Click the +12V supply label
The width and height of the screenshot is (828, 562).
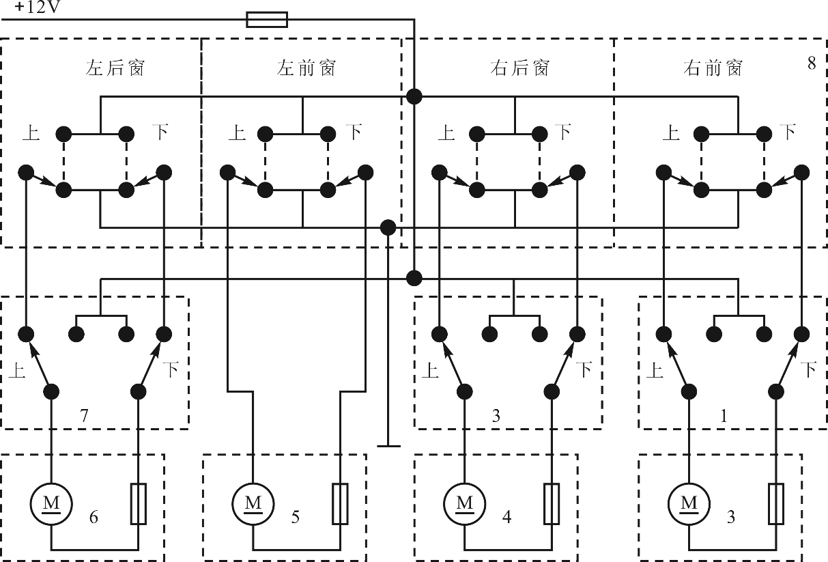tap(37, 8)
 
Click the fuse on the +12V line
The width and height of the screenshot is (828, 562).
tap(267, 20)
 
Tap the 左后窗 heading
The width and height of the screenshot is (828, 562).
tap(115, 68)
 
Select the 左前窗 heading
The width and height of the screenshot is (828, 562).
tap(306, 68)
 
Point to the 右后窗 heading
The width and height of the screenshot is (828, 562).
tap(519, 68)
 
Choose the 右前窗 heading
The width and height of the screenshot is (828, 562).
tap(713, 68)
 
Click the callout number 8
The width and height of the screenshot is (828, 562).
tap(812, 64)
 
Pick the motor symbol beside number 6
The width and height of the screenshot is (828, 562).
tap(51, 504)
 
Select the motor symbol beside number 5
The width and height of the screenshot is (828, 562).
tap(253, 504)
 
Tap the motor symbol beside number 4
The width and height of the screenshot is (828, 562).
tap(465, 504)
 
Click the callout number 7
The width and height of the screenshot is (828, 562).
tap(84, 416)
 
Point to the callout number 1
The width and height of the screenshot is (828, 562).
tap(724, 416)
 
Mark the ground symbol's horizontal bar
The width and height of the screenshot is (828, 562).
tap(388, 447)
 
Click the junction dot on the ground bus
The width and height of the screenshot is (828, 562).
tap(388, 227)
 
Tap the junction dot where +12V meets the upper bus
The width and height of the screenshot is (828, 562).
tap(414, 97)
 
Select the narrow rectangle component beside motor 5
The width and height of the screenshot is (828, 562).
tap(340, 504)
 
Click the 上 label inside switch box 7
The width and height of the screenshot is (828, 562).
tap(17, 369)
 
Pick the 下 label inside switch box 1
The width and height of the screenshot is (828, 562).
tap(808, 369)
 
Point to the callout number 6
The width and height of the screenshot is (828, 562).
tap(94, 517)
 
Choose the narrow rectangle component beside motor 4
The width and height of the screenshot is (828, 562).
tap(552, 504)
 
